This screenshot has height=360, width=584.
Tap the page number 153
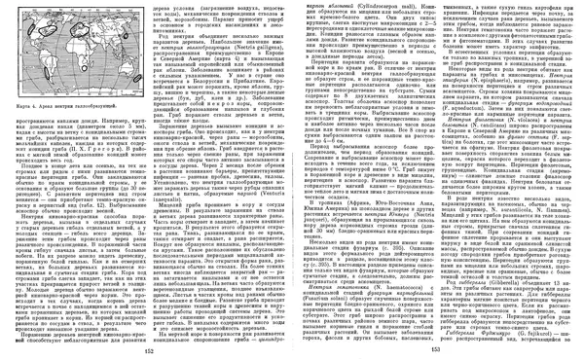(x=435, y=352)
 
